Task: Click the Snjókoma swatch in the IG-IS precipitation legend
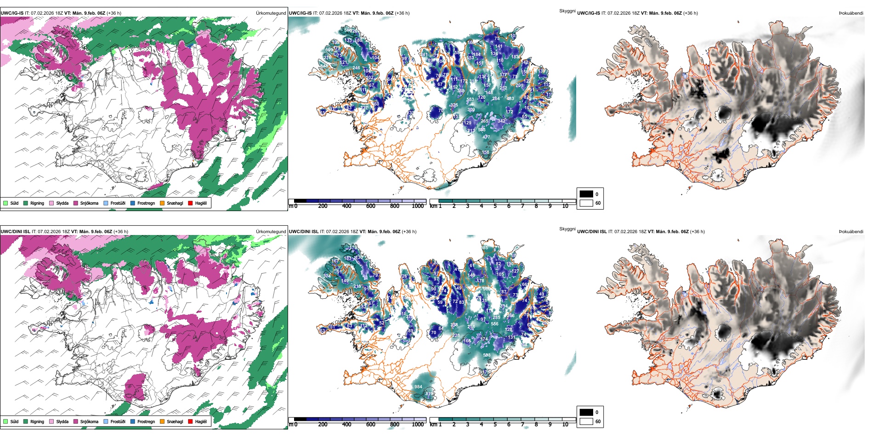76,203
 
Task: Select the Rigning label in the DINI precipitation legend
37,421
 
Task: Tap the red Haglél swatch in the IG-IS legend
190,203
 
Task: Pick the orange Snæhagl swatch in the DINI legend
162,421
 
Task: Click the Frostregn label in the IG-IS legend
146,203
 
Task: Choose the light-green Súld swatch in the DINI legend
6,421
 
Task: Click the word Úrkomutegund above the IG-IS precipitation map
271,13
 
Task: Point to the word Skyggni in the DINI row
567,229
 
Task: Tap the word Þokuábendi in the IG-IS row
851,13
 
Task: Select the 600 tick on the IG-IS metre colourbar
371,206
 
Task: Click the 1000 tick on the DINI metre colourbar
418,425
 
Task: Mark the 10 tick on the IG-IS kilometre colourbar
565,206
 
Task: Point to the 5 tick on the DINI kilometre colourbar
495,425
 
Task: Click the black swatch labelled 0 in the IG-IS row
586,194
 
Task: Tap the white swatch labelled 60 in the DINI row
586,421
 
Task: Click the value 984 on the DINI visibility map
418,387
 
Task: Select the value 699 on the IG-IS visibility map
329,50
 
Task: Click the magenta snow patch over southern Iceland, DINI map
135,386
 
